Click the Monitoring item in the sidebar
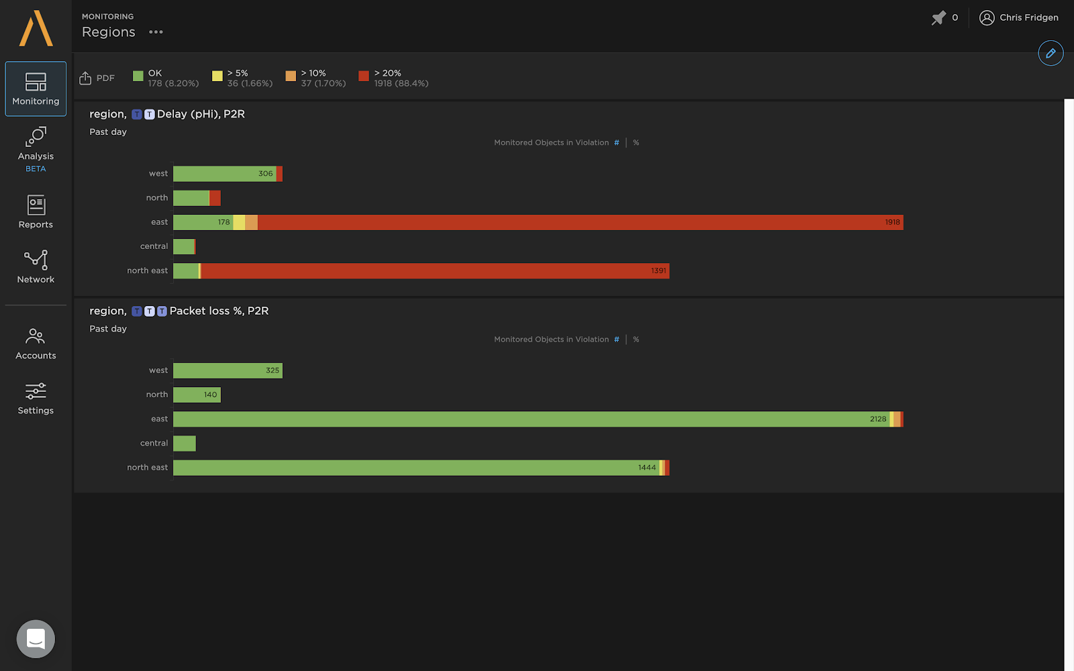[36, 89]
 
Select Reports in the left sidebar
[36, 211]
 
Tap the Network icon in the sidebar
[36, 266]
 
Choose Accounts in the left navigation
[36, 344]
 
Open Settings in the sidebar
[36, 399]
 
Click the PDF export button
[97, 78]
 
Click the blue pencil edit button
[1051, 53]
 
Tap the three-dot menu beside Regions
[156, 32]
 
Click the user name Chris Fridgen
[1028, 17]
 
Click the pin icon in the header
[938, 17]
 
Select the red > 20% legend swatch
[364, 76]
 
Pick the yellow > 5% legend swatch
[217, 76]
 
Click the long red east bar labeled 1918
[577, 222]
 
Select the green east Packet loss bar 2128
[530, 419]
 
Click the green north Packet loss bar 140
[196, 395]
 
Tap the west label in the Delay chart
[158, 174]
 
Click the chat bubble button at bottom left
[36, 639]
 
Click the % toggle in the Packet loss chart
[636, 340]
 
